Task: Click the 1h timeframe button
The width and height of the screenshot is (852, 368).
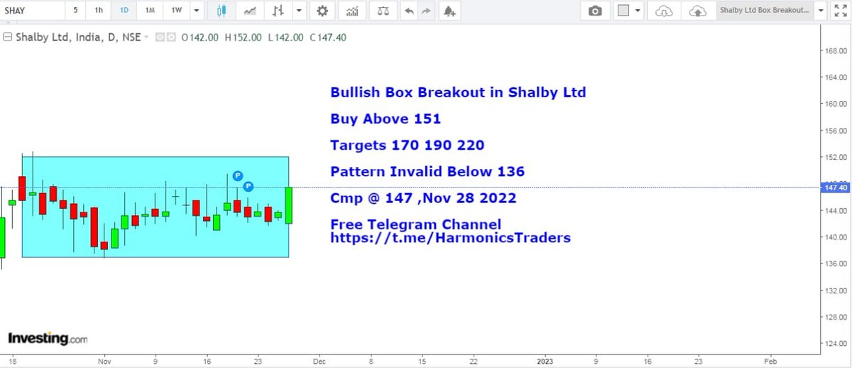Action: [x=99, y=11]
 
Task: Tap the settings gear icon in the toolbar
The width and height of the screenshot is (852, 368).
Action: [x=322, y=11]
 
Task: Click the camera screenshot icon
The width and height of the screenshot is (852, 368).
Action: [x=595, y=11]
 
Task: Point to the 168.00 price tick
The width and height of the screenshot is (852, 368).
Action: [x=832, y=51]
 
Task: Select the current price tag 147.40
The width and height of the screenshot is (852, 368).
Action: [x=833, y=188]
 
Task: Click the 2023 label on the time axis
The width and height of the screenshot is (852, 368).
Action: [x=546, y=361]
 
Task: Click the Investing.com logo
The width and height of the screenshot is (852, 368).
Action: [x=48, y=338]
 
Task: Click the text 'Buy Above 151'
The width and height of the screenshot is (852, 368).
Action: [x=386, y=119]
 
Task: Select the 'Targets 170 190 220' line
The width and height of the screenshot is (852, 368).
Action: [x=407, y=145]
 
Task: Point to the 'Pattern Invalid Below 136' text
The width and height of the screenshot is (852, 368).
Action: [x=427, y=171]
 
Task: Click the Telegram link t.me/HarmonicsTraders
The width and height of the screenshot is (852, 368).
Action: [x=450, y=238]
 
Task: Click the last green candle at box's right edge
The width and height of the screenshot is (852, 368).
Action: [x=289, y=205]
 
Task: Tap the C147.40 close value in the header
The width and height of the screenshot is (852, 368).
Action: [x=328, y=38]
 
